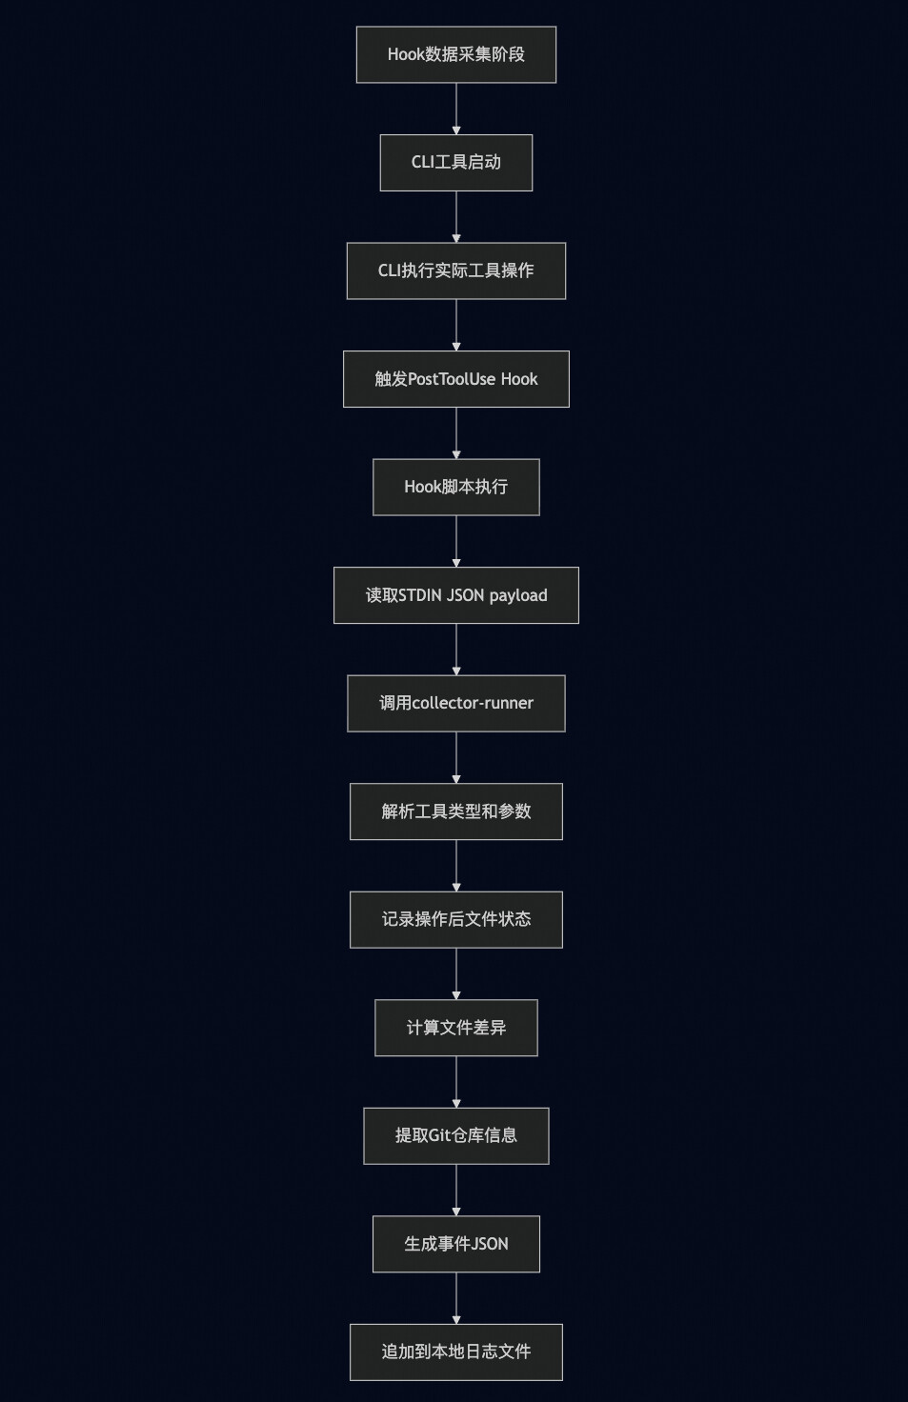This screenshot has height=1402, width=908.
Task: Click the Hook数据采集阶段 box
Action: coord(455,54)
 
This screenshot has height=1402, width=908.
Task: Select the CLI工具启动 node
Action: coord(455,162)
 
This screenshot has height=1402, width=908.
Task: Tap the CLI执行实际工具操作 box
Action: coord(455,270)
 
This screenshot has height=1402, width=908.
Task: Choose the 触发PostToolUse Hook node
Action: coord(455,379)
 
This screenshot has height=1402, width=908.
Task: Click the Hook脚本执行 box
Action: coord(455,487)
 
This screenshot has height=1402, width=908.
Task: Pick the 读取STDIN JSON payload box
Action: coord(455,595)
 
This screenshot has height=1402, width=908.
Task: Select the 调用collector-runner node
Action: coord(455,703)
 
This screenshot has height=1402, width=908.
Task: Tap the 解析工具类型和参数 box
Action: coord(455,811)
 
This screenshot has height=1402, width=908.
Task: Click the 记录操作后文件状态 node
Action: coord(455,919)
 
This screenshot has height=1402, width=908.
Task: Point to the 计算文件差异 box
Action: coord(455,1028)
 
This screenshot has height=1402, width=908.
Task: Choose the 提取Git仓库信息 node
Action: coord(455,1135)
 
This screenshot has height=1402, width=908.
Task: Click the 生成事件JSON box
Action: coord(455,1244)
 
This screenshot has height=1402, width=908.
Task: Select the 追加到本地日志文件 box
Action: coord(455,1352)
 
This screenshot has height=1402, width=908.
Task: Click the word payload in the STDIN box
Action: coord(518,596)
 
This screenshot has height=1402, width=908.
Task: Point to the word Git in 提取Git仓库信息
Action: coord(439,1135)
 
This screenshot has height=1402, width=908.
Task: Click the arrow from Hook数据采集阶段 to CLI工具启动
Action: coord(456,109)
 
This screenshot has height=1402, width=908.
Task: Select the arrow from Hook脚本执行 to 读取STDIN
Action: coord(456,541)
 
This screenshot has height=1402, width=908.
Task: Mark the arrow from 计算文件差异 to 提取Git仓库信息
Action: coord(456,1082)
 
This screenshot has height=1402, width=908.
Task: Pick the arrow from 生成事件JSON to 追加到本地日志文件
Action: coord(456,1298)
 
